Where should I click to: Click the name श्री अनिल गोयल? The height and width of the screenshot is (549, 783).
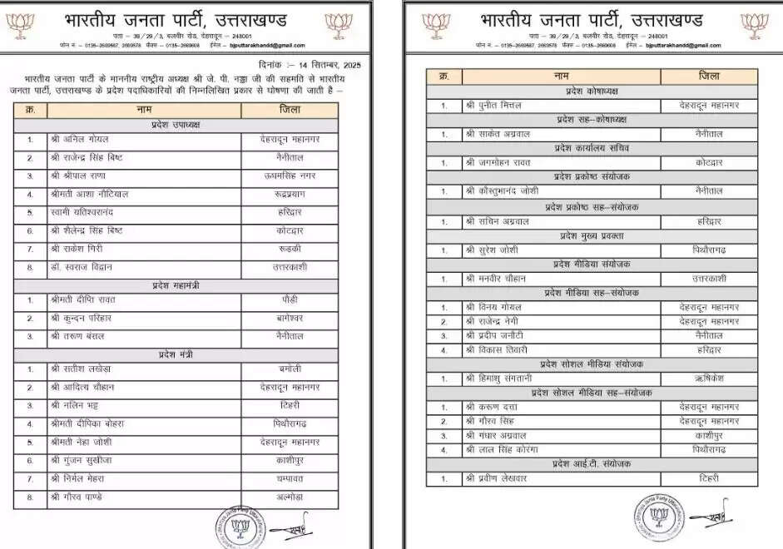79,140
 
